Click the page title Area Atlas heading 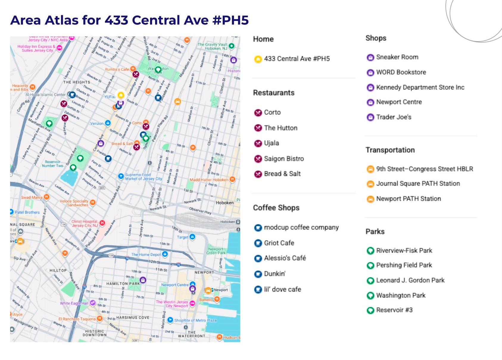tap(129, 20)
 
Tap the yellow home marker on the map tap(121, 95)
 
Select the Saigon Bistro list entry tap(283, 159)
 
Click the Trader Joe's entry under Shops tap(393, 117)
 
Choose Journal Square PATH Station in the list tap(418, 184)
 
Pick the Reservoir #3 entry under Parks tap(394, 310)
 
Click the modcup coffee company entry tap(301, 227)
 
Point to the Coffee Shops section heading tap(276, 208)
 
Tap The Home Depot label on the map tap(146, 255)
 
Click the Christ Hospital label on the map tap(85, 224)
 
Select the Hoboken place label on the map tap(225, 203)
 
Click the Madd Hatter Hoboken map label tap(209, 180)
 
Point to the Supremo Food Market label tap(143, 177)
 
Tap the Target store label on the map tap(182, 237)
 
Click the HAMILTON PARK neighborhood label tap(123, 284)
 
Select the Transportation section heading tap(390, 150)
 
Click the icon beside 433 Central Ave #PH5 tap(258, 59)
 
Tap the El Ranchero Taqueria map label tap(77, 319)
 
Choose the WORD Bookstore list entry tap(401, 72)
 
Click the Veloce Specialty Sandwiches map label tap(74, 203)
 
